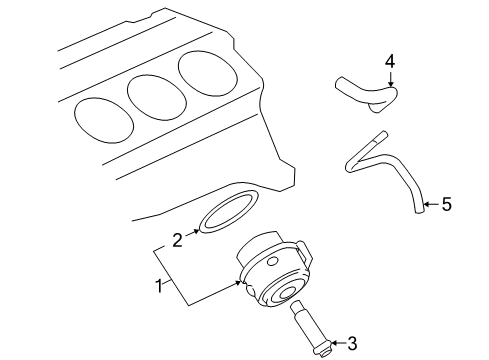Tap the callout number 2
coord(177,239)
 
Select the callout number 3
coord(351,345)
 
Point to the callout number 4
coord(391,62)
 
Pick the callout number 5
coord(446,205)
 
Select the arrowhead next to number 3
coord(333,345)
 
